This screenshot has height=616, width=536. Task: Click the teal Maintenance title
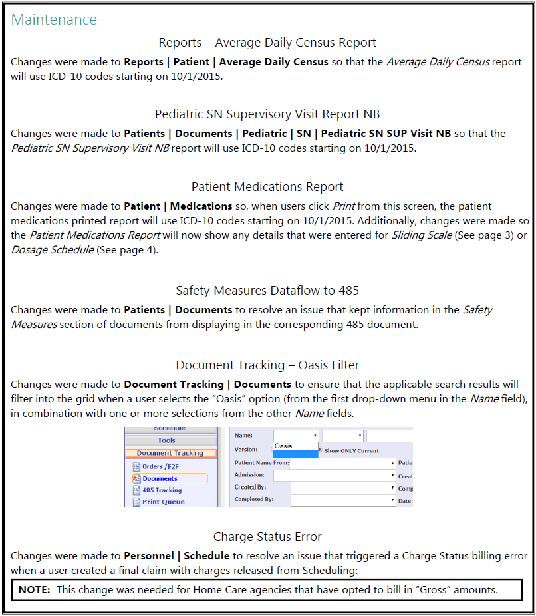pos(54,20)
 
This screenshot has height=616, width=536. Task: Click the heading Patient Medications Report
pos(267,187)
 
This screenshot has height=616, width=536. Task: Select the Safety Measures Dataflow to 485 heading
pos(267,290)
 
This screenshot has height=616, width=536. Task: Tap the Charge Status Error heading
pos(267,537)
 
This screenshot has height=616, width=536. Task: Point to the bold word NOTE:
pos(35,589)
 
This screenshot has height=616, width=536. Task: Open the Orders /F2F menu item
pos(162,466)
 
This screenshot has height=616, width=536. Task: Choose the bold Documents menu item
pos(160,478)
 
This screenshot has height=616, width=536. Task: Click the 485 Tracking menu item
pos(162,490)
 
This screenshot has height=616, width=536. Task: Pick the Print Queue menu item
pos(163,502)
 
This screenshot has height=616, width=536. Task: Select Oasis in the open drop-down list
pos(284,446)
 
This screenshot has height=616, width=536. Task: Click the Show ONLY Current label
pos(352,450)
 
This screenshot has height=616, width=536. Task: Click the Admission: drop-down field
pos(335,476)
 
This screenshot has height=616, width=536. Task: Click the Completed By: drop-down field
pos(343,500)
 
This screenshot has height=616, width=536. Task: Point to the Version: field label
pos(246,450)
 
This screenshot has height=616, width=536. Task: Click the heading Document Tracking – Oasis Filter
pos(267,365)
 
